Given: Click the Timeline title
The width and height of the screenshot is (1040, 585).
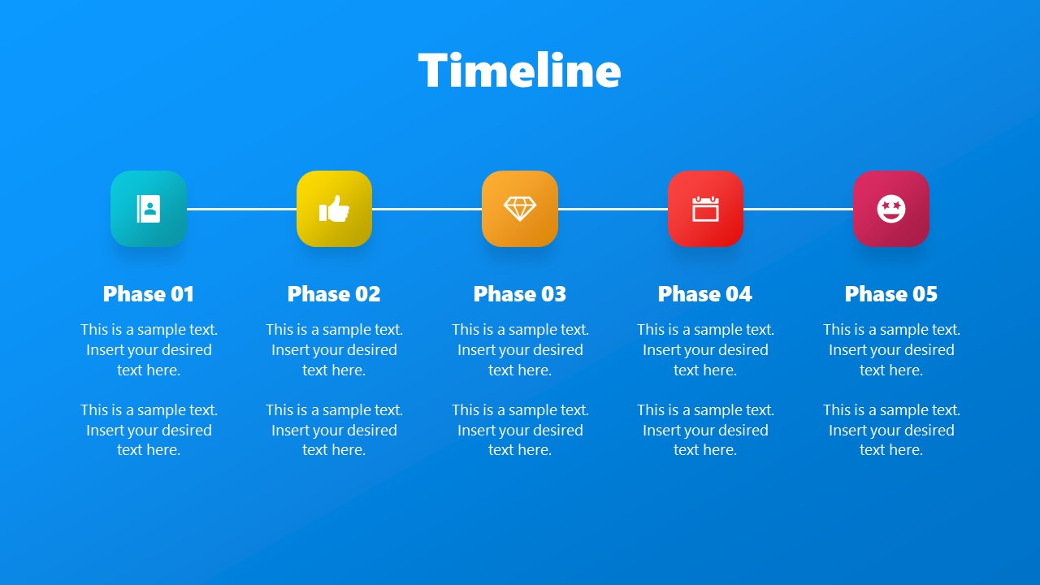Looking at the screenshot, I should (x=520, y=71).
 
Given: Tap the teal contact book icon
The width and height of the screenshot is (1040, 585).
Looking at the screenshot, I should (x=149, y=209).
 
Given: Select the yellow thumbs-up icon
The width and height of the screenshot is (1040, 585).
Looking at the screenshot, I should (x=334, y=209).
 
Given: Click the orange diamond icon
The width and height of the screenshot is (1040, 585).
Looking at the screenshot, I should (x=520, y=209).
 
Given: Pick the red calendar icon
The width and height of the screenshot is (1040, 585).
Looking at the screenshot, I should (x=705, y=209).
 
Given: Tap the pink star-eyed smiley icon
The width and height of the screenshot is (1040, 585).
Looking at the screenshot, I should (x=891, y=209).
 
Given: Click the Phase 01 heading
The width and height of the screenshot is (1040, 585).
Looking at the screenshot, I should (x=149, y=294).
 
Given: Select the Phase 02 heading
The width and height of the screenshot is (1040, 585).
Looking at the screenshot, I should (x=334, y=294).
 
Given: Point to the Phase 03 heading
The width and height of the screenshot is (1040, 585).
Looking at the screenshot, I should (x=520, y=294).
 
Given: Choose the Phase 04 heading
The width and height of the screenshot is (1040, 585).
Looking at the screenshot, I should (x=705, y=294).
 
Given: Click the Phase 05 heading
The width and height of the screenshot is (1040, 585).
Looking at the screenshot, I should (x=891, y=294).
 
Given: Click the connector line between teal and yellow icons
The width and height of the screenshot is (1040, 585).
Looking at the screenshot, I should (x=241, y=209).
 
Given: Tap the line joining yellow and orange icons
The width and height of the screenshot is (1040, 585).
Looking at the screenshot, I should (x=427, y=209).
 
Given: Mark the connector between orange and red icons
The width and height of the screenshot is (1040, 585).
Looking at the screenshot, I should (x=613, y=209).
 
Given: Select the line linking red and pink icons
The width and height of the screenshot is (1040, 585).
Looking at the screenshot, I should (x=798, y=209).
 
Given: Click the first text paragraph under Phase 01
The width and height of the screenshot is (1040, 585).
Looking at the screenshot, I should (x=149, y=350).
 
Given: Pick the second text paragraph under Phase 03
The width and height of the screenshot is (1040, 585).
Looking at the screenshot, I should (x=520, y=430).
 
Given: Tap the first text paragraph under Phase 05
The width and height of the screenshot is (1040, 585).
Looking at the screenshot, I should (x=891, y=350).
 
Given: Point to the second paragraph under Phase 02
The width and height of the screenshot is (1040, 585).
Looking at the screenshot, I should (x=334, y=430).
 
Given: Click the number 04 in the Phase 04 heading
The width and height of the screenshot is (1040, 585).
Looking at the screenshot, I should (x=739, y=294).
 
